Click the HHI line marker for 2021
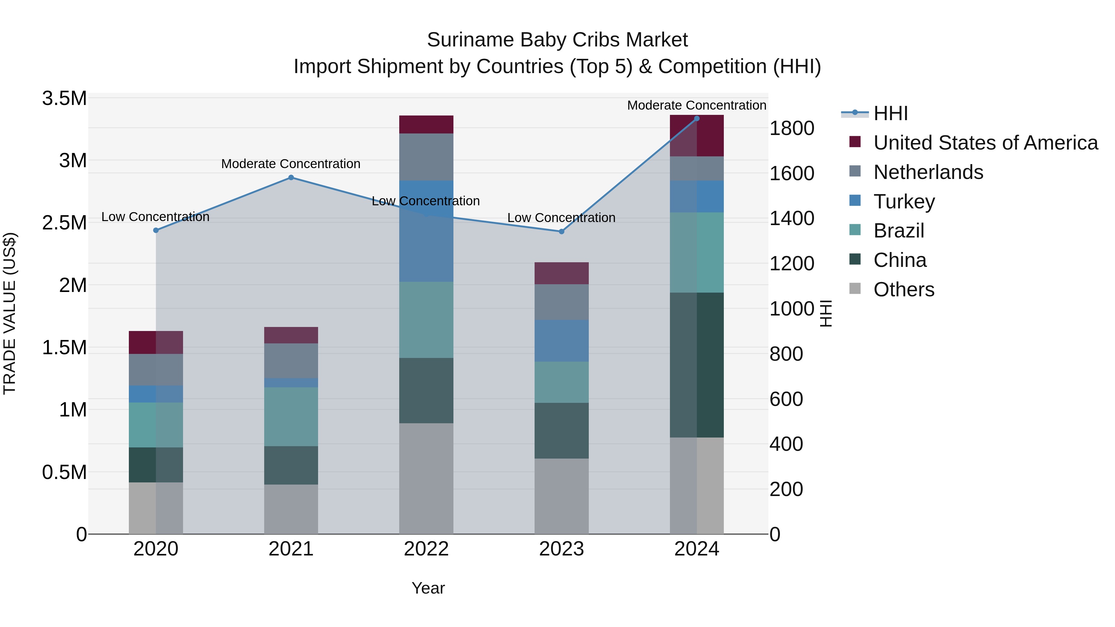point(291,177)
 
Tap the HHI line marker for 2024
point(697,119)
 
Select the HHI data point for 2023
point(562,232)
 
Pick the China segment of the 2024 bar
point(697,365)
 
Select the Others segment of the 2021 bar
point(291,509)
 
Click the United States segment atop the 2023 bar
point(562,273)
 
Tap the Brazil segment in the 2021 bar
point(291,416)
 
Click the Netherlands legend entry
point(928,172)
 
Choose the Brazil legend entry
point(899,231)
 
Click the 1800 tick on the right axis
point(792,128)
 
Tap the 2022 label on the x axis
point(426,549)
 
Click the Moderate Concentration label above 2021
point(291,164)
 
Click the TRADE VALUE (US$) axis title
point(10,313)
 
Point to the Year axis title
point(428,588)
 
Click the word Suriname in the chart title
point(470,40)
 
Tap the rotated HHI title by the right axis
point(826,313)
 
